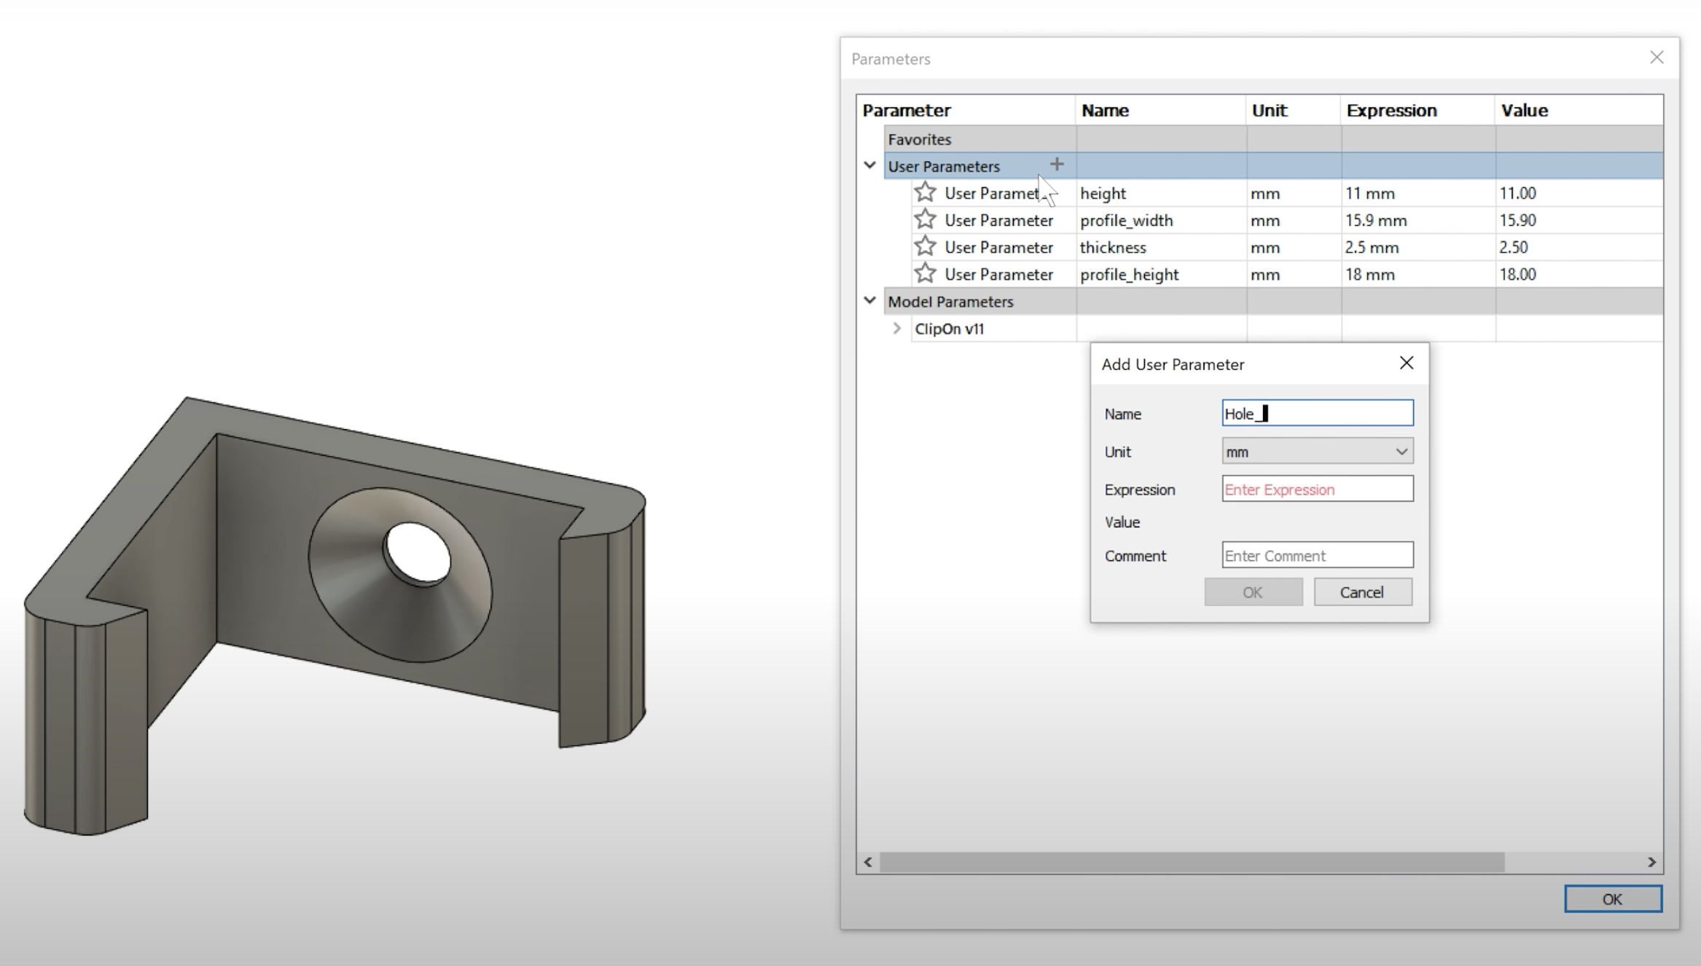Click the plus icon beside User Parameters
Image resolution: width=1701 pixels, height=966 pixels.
click(x=1057, y=165)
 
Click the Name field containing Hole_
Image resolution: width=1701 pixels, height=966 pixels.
click(x=1317, y=413)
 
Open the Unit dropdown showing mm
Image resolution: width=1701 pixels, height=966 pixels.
click(x=1317, y=452)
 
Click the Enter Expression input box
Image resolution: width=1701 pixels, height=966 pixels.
click(x=1317, y=489)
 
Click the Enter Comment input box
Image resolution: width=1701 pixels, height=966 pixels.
click(x=1317, y=555)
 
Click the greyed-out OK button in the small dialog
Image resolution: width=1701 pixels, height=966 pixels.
click(x=1253, y=592)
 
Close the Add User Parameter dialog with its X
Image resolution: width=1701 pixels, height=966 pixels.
click(x=1407, y=363)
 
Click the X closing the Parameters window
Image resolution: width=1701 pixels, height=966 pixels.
click(x=1657, y=58)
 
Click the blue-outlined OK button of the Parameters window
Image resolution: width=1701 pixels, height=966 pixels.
click(x=1612, y=899)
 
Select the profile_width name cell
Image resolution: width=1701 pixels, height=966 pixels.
click(x=1127, y=220)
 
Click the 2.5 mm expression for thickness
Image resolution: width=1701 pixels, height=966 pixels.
click(x=1372, y=247)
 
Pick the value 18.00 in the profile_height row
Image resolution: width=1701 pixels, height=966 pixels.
click(x=1518, y=274)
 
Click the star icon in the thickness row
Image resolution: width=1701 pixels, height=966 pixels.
click(x=925, y=246)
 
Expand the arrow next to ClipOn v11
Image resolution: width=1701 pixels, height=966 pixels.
click(x=897, y=329)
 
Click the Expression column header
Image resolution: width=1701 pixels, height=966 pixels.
click(x=1391, y=110)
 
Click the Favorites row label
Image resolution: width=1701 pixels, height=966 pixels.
click(x=920, y=138)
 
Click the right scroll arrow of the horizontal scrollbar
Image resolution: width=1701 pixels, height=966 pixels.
click(x=1651, y=862)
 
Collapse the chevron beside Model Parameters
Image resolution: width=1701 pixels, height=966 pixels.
click(x=869, y=300)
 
